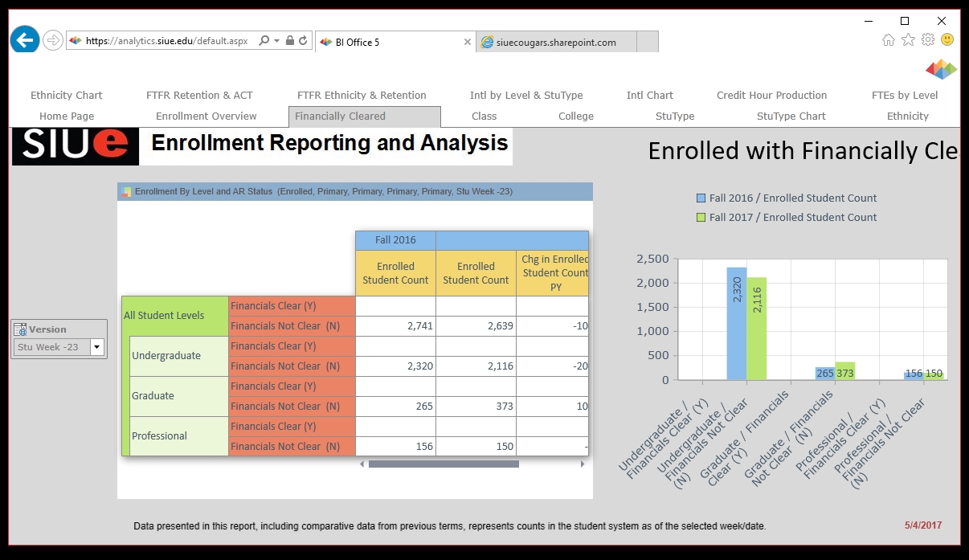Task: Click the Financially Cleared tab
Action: pos(340,116)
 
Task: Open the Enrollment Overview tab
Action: pos(206,116)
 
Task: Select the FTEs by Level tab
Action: pos(905,96)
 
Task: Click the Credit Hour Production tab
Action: pos(771,96)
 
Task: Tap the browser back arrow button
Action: pos(25,39)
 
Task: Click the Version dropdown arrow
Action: pos(97,347)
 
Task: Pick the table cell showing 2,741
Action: pos(395,326)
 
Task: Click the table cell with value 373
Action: pos(476,407)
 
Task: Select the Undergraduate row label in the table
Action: pos(166,356)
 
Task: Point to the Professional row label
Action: pos(160,436)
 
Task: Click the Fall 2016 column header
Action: pos(395,240)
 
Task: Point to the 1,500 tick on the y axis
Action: pos(652,307)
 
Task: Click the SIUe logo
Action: pos(76,145)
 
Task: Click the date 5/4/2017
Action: pos(922,525)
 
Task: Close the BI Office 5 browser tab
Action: pos(468,43)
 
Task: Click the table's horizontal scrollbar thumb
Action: pos(444,464)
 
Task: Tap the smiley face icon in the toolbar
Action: pos(947,39)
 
